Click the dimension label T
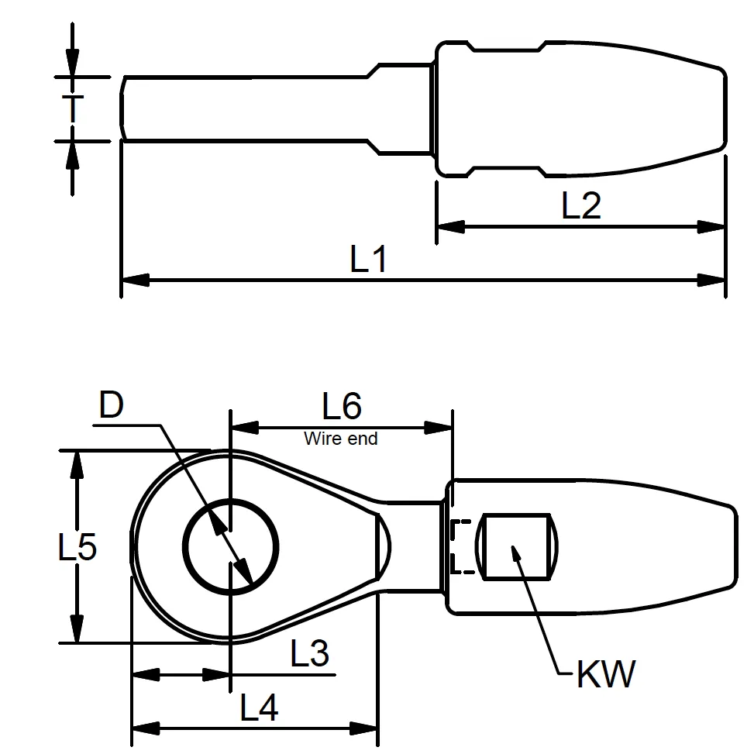tap(72, 109)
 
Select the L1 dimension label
tap(368, 260)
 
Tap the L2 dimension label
tap(580, 206)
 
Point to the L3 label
tap(310, 655)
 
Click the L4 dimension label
tap(259, 708)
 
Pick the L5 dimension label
tap(77, 548)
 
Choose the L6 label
tap(342, 406)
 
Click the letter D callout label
tap(112, 406)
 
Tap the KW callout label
tap(605, 675)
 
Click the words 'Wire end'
tap(341, 439)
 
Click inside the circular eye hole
tap(231, 546)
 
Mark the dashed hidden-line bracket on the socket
tap(459, 546)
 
